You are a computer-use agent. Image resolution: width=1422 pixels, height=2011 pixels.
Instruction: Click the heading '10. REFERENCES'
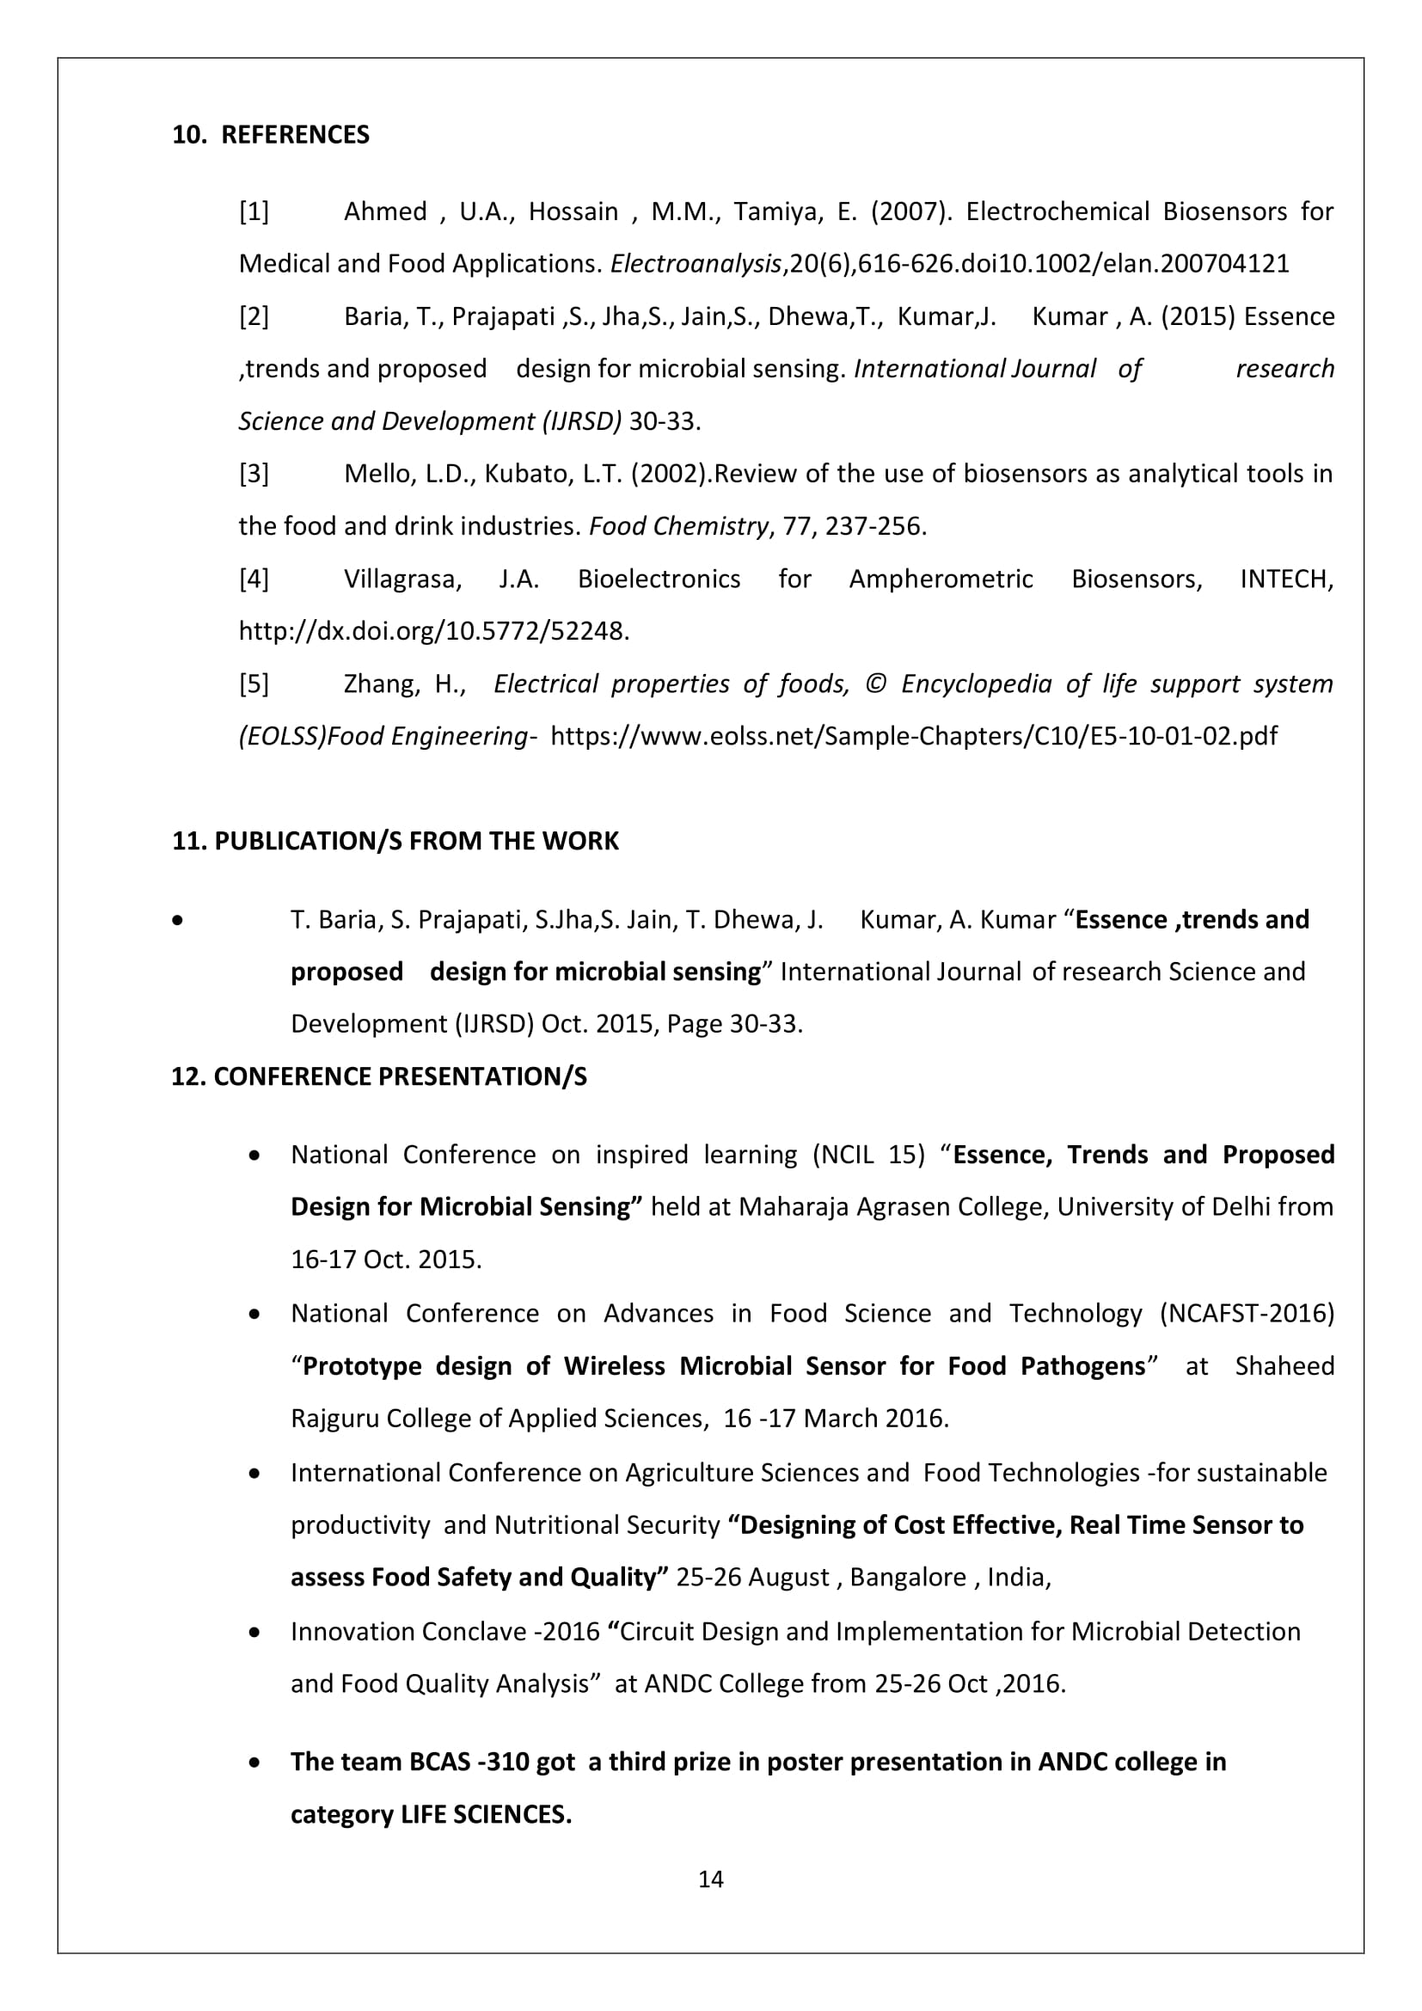tap(271, 135)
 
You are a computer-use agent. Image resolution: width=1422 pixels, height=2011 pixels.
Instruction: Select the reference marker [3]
tap(254, 474)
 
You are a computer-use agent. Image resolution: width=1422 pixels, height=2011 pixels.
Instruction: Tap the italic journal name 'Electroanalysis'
tap(696, 264)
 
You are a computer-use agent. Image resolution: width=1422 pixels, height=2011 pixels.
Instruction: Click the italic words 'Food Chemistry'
tap(678, 526)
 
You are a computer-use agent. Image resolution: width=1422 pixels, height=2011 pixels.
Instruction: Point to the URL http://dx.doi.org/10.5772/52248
tap(433, 632)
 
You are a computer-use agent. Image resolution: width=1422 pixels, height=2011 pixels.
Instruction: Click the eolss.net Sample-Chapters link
tap(913, 736)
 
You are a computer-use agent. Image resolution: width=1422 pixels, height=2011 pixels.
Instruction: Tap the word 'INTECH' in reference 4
tap(1286, 579)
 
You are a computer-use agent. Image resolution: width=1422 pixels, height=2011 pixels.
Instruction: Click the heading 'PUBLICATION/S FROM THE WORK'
tap(416, 841)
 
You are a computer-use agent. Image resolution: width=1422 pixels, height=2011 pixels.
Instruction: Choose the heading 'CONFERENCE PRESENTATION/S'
tap(399, 1076)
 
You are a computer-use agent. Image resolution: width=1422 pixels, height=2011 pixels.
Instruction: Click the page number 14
tap(710, 1879)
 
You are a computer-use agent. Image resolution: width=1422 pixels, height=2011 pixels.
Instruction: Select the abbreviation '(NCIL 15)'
tap(868, 1156)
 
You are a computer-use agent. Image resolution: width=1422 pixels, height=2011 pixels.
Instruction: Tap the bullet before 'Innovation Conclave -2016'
tap(254, 1633)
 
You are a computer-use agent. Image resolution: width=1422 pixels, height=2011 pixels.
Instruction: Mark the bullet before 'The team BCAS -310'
tap(254, 1763)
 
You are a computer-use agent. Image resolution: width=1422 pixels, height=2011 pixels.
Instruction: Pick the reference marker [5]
tap(254, 684)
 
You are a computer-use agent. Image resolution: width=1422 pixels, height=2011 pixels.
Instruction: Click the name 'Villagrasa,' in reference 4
tap(401, 579)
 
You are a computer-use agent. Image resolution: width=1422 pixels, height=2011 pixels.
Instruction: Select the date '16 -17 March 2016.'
tap(836, 1419)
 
